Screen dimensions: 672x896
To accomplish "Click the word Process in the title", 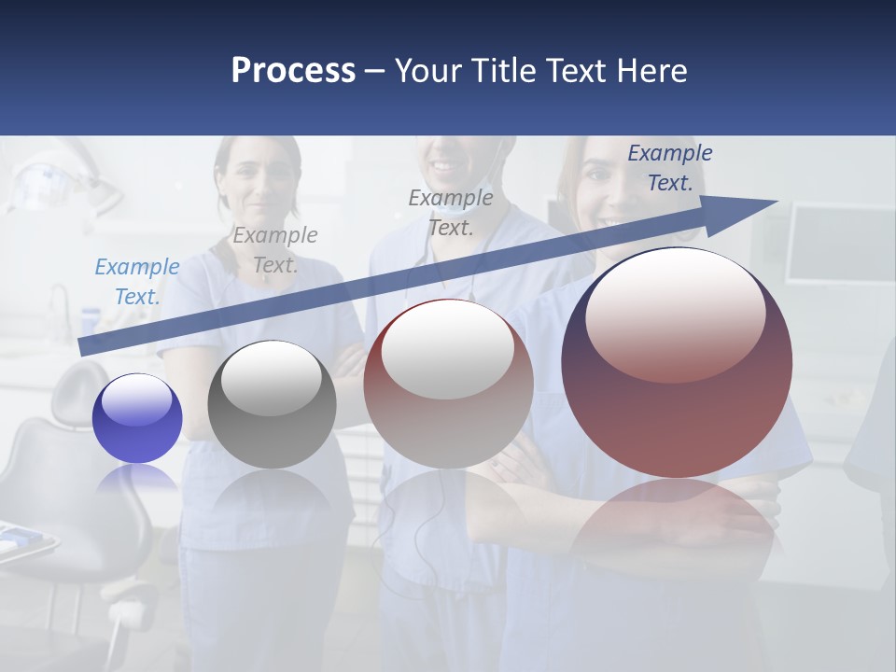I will (293, 70).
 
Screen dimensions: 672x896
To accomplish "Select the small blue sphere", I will (137, 418).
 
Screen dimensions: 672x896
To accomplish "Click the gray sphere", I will (272, 405).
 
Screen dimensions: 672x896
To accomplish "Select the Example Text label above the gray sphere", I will (274, 250).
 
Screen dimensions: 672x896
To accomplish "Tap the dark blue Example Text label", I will (669, 168).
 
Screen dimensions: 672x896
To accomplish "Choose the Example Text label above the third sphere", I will (451, 213).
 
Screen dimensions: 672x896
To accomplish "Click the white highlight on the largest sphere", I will (675, 313).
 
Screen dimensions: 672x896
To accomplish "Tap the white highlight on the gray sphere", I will (272, 378).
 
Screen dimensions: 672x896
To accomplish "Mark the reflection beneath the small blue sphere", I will (137, 478).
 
